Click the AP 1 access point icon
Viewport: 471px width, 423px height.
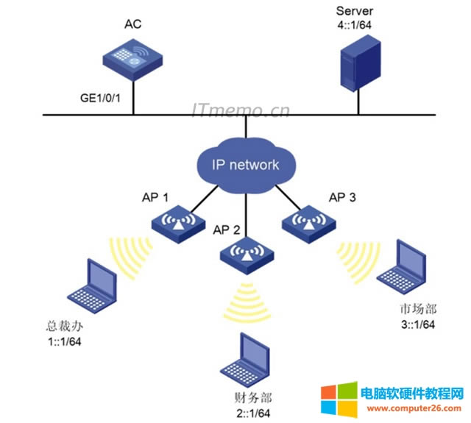pos(174,224)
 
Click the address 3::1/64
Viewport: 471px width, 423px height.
pos(416,324)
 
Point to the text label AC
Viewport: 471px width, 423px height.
pos(133,24)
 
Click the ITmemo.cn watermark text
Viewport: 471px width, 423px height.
pos(241,110)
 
